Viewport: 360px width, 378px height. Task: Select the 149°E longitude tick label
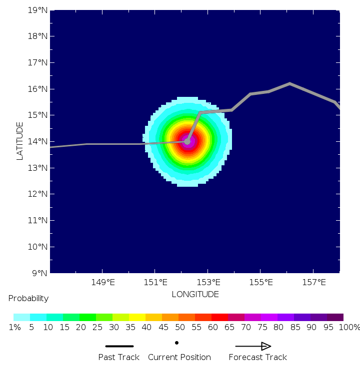click(x=103, y=283)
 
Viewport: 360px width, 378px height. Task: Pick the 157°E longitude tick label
click(x=313, y=283)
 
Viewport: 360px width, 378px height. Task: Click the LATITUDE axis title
click(x=20, y=141)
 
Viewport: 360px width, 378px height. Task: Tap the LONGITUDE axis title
click(x=195, y=295)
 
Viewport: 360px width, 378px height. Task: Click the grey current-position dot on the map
click(x=187, y=141)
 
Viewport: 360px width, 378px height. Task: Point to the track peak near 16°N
click(x=289, y=83)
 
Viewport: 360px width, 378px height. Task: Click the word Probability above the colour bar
click(x=28, y=299)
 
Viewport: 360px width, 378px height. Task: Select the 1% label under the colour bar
click(x=14, y=328)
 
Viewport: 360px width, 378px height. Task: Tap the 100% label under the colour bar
click(x=350, y=328)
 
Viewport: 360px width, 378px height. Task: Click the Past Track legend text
click(x=119, y=358)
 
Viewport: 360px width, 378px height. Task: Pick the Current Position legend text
click(x=179, y=358)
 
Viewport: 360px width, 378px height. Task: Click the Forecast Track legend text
click(x=258, y=358)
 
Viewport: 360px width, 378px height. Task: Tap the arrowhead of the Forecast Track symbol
click(x=266, y=346)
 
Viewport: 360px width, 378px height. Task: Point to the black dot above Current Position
click(x=176, y=343)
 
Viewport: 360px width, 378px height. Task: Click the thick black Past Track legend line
click(x=119, y=346)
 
